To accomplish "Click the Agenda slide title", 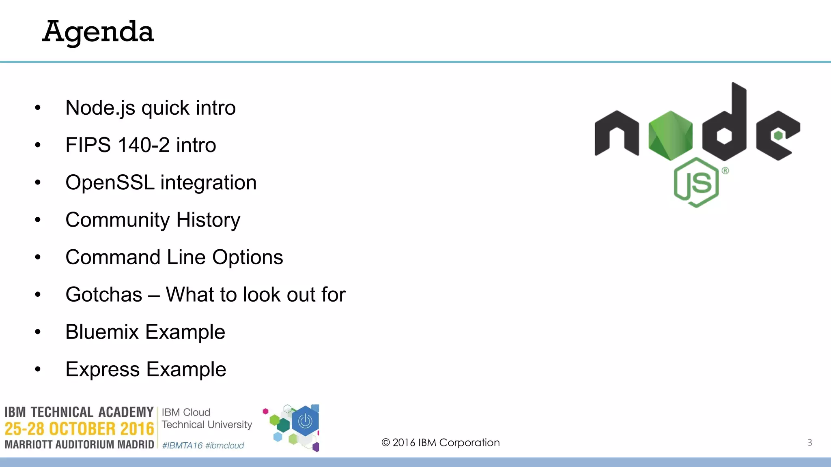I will [98, 32].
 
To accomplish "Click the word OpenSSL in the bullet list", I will [110, 182].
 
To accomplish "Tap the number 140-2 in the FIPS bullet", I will [144, 145].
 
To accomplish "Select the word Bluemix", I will [102, 332].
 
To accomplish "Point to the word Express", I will [103, 369].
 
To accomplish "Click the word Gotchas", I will [104, 295].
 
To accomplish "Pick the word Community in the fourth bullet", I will [118, 220].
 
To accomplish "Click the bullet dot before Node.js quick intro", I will [38, 108].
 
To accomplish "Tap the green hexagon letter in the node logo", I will [670, 135].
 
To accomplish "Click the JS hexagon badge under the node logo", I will [696, 182].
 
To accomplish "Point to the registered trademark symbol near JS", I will [725, 171].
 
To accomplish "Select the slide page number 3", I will [809, 442].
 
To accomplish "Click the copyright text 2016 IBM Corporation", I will [441, 442].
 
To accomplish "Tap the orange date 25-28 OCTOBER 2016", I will [79, 429].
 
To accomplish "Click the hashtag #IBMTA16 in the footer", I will [182, 446].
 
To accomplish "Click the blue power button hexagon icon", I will [305, 422].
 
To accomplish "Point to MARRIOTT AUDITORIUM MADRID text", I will [79, 445].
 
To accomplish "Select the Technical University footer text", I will [207, 424].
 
